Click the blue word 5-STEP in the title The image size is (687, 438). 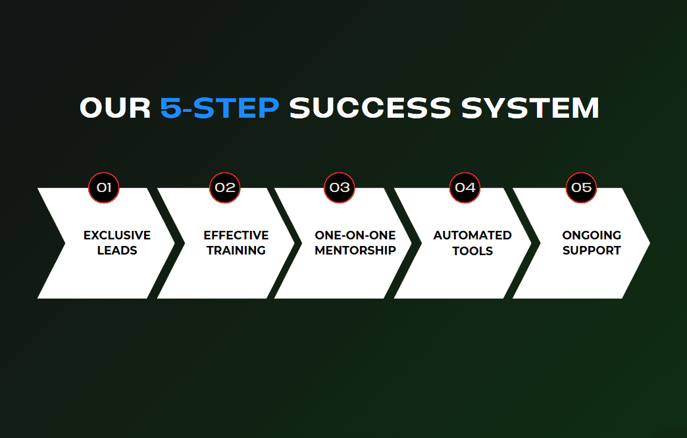[x=220, y=108]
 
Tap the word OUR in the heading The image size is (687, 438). [x=115, y=108]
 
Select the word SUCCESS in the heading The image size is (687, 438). [x=370, y=108]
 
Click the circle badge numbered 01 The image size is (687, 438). [x=104, y=187]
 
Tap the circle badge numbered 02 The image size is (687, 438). [x=225, y=187]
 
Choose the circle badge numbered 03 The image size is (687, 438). [x=340, y=187]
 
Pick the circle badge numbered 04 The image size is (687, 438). [x=465, y=187]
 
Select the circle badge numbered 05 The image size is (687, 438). [x=581, y=187]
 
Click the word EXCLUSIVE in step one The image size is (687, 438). [x=117, y=235]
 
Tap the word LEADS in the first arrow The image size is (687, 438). [x=117, y=251]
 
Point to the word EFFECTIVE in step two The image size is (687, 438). [x=236, y=235]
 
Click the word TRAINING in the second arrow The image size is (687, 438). [x=236, y=251]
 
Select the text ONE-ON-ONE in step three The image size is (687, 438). [x=355, y=235]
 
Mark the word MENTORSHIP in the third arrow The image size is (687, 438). [x=355, y=251]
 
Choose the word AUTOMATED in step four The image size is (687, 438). [x=472, y=235]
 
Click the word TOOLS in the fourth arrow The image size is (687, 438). [x=472, y=251]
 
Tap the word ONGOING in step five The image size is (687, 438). [x=592, y=235]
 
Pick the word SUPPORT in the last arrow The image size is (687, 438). [x=592, y=251]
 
